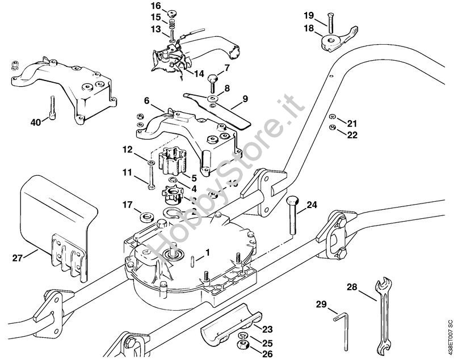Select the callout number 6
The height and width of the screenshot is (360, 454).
pyautogui.click(x=146, y=100)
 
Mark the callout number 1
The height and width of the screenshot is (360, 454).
pyautogui.click(x=208, y=252)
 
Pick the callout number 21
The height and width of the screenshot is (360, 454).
pyautogui.click(x=352, y=124)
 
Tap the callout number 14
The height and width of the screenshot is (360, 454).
pyautogui.click(x=199, y=73)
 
